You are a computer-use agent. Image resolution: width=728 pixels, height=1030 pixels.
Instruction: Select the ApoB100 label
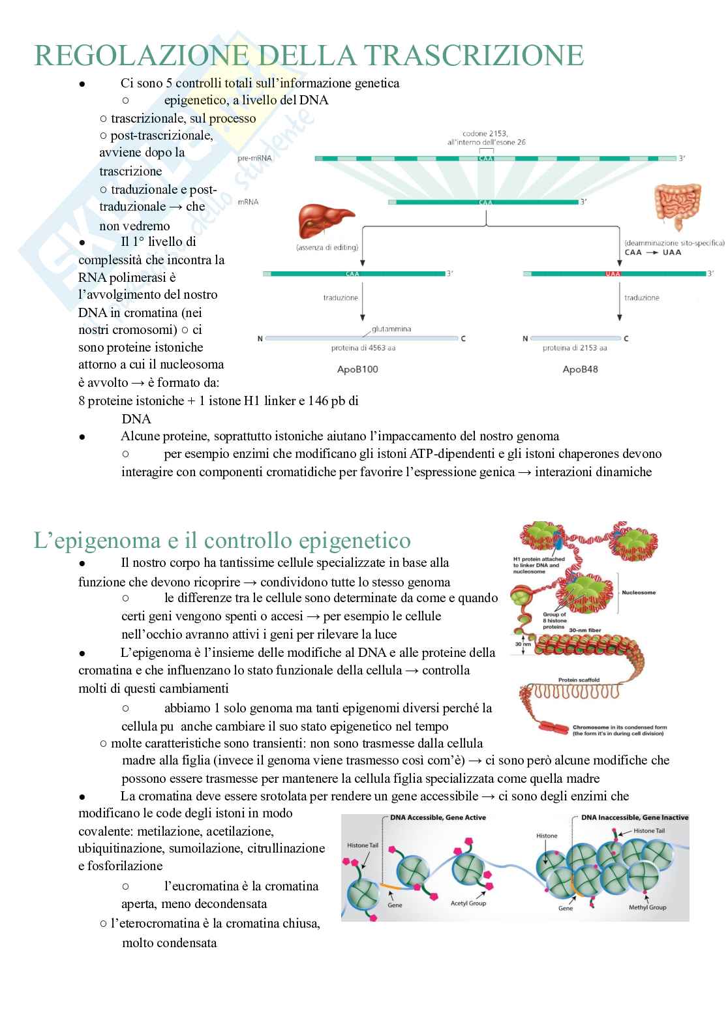tap(357, 369)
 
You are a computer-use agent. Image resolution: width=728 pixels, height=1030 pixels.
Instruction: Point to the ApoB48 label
tap(580, 369)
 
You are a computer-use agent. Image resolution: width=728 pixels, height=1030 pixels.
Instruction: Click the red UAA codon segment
tap(613, 274)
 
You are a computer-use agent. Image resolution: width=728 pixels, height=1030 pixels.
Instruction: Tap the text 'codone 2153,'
tap(485, 133)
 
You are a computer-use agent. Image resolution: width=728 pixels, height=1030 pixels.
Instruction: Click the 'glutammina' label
tap(391, 329)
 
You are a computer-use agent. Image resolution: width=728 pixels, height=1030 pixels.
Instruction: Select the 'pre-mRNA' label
tap(255, 159)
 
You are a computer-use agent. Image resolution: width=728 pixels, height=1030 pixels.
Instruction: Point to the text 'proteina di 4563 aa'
tap(363, 348)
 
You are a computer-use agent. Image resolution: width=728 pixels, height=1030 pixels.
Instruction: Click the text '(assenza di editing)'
tap(327, 247)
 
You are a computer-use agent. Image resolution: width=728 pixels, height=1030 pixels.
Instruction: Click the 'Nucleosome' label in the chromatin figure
tap(639, 592)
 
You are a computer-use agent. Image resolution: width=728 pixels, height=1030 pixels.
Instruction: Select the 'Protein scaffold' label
tap(579, 680)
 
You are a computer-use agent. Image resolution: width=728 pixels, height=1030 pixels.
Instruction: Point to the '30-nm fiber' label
tap(585, 630)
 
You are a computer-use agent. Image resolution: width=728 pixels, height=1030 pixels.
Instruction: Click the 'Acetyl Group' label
tap(468, 903)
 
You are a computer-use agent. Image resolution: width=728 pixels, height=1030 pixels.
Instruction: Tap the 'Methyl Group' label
tap(647, 907)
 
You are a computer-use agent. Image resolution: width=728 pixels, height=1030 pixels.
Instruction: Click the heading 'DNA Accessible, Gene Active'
tap(438, 817)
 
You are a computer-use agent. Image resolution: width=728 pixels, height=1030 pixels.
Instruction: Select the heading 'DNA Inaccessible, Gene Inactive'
tap(634, 817)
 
